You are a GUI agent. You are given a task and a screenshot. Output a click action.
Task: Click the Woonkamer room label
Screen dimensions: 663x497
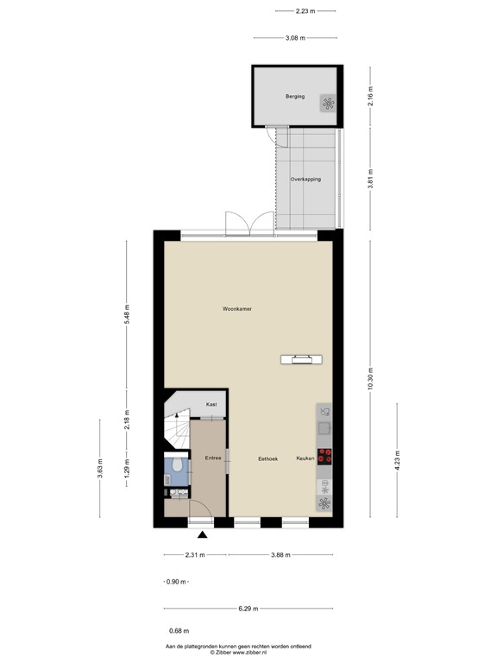[236, 308]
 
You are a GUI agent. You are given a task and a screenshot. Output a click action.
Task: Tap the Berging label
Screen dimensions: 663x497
[296, 97]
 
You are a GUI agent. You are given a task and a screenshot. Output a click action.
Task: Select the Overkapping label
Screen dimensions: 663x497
[305, 180]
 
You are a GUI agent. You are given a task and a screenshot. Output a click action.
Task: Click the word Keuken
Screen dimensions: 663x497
[306, 458]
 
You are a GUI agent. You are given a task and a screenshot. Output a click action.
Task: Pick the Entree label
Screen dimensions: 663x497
[213, 458]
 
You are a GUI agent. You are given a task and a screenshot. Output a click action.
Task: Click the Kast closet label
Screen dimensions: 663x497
[211, 404]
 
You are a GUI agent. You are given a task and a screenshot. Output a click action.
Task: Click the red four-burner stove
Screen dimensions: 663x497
[325, 458]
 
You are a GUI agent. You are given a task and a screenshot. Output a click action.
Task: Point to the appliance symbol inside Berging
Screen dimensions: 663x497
[328, 104]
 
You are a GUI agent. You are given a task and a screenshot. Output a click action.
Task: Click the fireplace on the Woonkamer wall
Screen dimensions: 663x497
[302, 359]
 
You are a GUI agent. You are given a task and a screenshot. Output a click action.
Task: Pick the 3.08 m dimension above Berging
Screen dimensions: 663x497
[296, 38]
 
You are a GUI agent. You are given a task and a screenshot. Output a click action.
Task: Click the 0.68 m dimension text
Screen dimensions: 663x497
[179, 632]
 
